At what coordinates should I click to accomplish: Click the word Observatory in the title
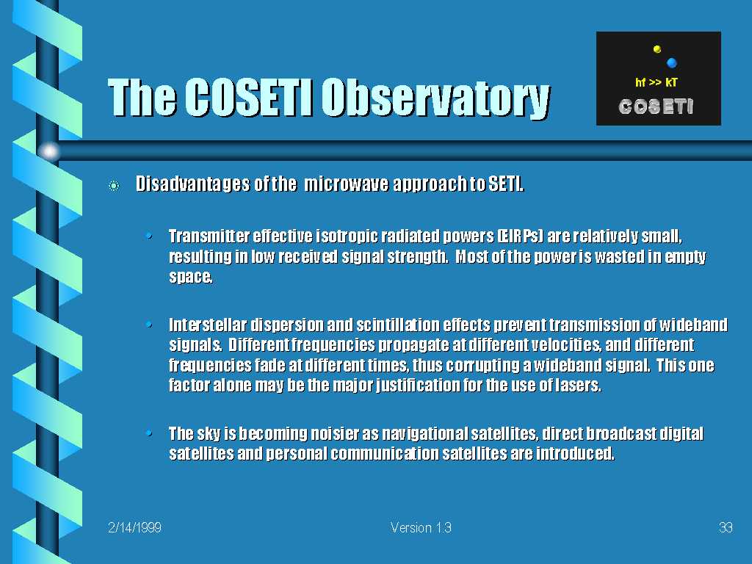coord(435,98)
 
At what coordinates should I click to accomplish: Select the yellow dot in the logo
coord(657,49)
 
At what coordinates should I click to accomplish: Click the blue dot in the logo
coord(671,62)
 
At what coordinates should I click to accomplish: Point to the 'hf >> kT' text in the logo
coord(656,82)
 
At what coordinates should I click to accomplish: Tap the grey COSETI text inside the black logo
coord(656,106)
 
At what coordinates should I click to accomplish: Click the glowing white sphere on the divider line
coord(49,151)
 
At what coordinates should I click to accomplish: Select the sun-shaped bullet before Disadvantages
coord(114,186)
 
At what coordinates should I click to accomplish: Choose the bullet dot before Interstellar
coord(149,325)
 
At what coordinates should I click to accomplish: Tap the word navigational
coord(424,434)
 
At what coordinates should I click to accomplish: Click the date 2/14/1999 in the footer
coord(135,527)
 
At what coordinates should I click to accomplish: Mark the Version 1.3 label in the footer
coord(421,527)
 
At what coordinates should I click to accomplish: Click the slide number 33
coord(726,527)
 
